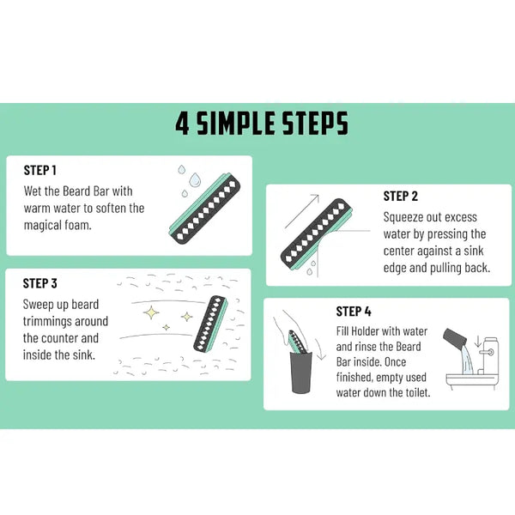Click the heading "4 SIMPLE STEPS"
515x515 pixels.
262,124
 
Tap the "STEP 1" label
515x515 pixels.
40,171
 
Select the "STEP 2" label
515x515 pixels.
400,196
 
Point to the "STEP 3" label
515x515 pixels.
40,283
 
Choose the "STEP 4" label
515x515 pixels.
354,312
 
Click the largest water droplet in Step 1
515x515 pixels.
195,179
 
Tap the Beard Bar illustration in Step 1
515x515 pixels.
204,209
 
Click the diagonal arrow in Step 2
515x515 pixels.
302,211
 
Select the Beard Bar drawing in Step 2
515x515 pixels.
317,234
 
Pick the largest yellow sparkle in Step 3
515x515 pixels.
151,312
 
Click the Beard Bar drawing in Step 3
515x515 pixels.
210,324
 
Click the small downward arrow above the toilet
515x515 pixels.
478,342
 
